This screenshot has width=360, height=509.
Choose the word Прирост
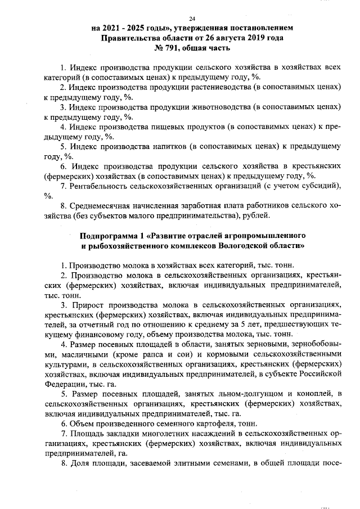[87, 304]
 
